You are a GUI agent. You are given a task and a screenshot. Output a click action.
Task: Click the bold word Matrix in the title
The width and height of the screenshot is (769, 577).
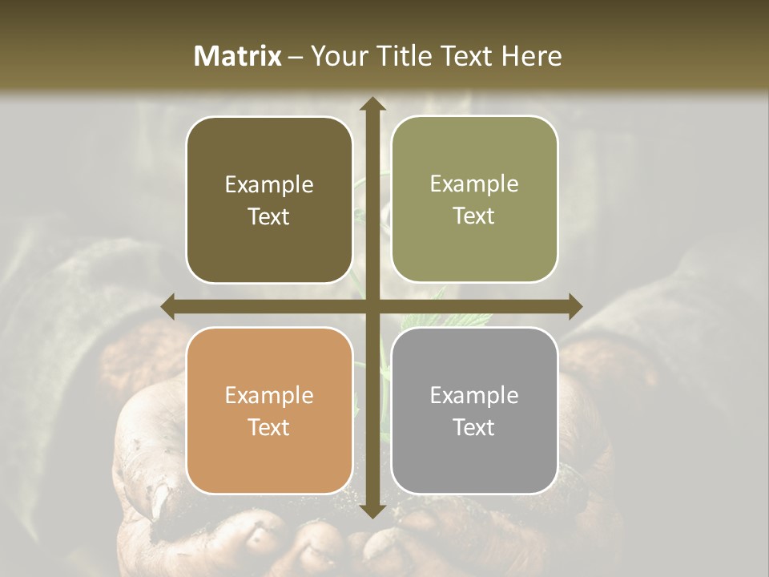click(238, 56)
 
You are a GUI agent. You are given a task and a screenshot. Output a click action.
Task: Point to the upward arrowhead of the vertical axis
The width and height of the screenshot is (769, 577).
click(372, 104)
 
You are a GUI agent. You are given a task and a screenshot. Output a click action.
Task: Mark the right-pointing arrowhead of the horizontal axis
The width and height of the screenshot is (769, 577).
click(574, 306)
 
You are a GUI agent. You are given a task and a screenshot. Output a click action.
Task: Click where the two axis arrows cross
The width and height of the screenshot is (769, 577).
click(372, 306)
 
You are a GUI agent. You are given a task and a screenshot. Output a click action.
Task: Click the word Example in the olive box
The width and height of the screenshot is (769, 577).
click(474, 184)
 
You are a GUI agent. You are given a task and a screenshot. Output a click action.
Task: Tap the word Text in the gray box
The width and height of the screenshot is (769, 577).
click(474, 427)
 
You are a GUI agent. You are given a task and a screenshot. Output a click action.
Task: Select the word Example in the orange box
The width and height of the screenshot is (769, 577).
click(269, 395)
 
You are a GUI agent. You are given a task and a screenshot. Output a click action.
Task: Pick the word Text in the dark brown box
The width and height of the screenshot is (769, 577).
click(269, 216)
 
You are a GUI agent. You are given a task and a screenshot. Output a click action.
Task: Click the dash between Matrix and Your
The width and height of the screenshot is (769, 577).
click(296, 57)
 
